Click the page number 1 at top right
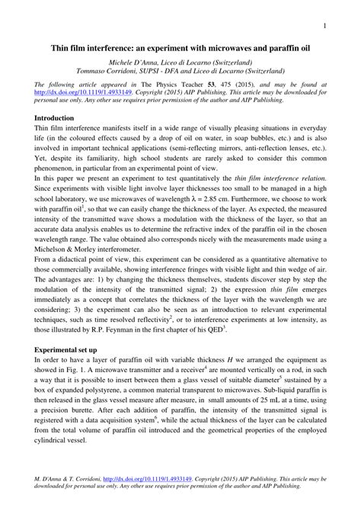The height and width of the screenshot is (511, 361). (x=324, y=25)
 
